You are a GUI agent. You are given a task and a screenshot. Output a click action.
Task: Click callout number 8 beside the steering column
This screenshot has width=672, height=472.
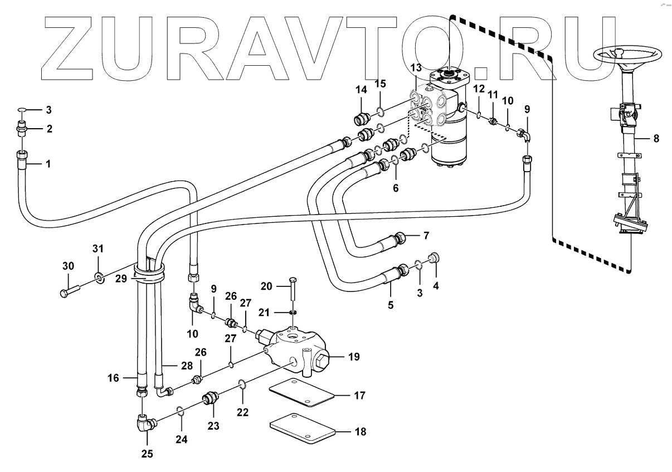click(x=656, y=139)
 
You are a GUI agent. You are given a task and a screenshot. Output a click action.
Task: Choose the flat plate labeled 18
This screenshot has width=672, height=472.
click(x=302, y=427)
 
